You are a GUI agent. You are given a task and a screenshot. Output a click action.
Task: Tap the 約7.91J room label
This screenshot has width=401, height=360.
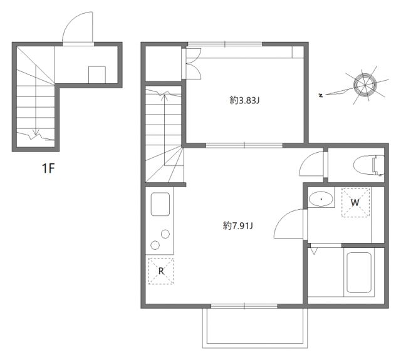(x=237, y=226)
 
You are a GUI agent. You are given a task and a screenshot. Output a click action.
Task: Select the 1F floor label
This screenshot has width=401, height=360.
(x=49, y=169)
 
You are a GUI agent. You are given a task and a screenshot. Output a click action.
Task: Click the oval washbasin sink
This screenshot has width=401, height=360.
(x=321, y=200)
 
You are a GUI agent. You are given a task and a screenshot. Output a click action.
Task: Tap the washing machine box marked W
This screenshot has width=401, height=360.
(x=354, y=202)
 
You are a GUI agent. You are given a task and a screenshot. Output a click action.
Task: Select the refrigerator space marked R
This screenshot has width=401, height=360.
(x=161, y=270)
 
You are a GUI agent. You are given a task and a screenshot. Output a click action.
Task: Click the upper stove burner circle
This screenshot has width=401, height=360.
(x=165, y=234)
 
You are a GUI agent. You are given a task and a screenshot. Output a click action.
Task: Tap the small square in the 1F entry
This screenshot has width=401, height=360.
(x=96, y=74)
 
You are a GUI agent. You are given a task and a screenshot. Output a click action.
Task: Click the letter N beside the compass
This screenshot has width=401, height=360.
(x=320, y=95)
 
